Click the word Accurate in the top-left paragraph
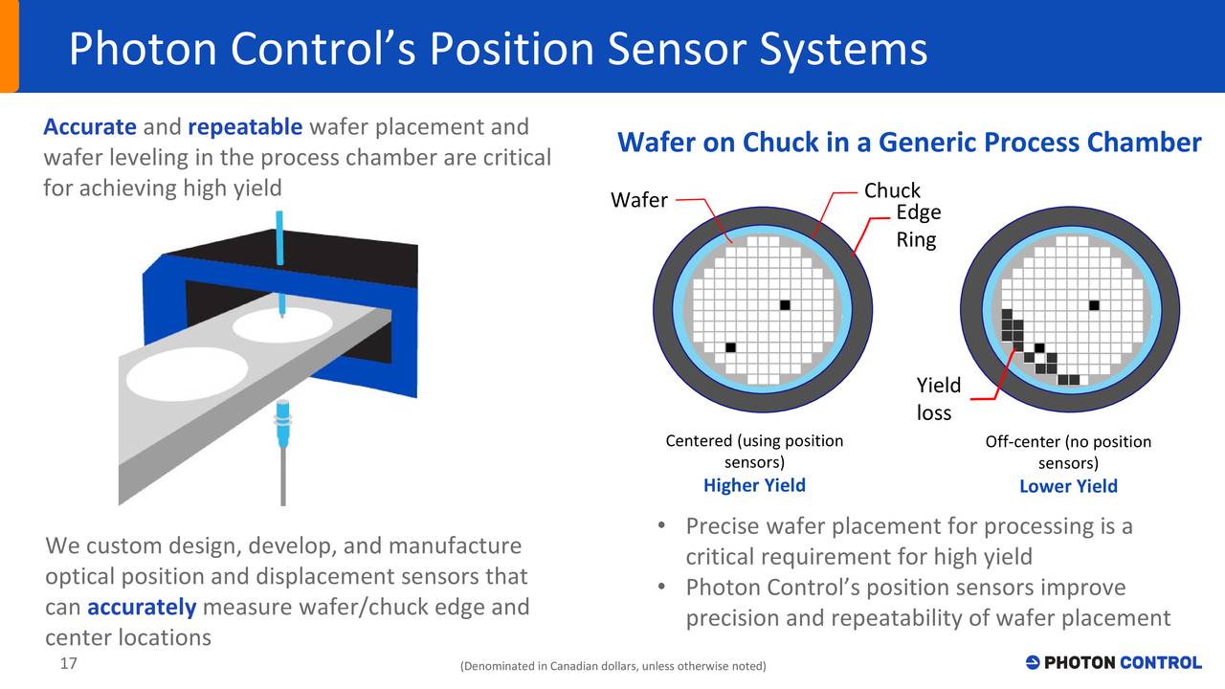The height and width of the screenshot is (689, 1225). [90, 127]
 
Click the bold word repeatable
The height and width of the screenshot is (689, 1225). [245, 127]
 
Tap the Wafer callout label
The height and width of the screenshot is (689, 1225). [638, 201]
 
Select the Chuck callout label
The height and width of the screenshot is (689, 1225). [892, 190]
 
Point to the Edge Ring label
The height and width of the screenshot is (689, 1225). [918, 226]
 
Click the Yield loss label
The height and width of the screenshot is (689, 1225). [938, 399]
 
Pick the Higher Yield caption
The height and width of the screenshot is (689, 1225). [754, 485]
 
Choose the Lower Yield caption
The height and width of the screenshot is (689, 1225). [1068, 486]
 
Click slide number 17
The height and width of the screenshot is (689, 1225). [68, 664]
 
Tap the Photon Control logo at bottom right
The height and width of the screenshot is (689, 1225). [1113, 662]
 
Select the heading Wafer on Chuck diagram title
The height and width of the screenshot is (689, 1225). [908, 144]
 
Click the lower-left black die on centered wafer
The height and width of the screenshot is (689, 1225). [731, 346]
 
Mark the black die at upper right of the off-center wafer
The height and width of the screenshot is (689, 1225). [1093, 305]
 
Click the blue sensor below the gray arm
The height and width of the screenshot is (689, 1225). [282, 426]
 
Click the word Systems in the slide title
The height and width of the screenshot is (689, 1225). [843, 50]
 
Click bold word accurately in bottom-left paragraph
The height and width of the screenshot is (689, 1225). [142, 608]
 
